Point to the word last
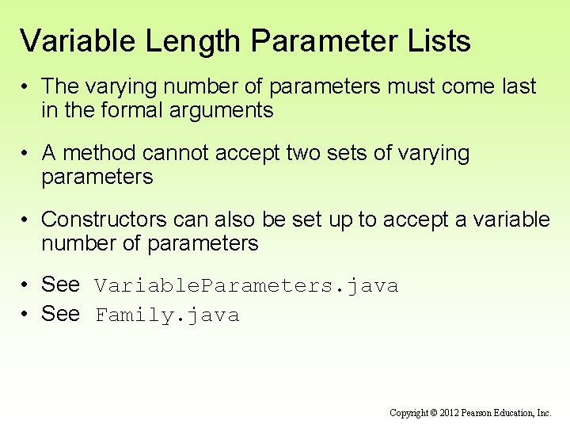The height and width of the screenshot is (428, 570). (x=516, y=86)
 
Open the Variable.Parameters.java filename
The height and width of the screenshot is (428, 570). (x=246, y=286)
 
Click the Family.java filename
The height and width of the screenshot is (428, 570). (x=167, y=316)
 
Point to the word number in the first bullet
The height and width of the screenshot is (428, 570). (x=184, y=86)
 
